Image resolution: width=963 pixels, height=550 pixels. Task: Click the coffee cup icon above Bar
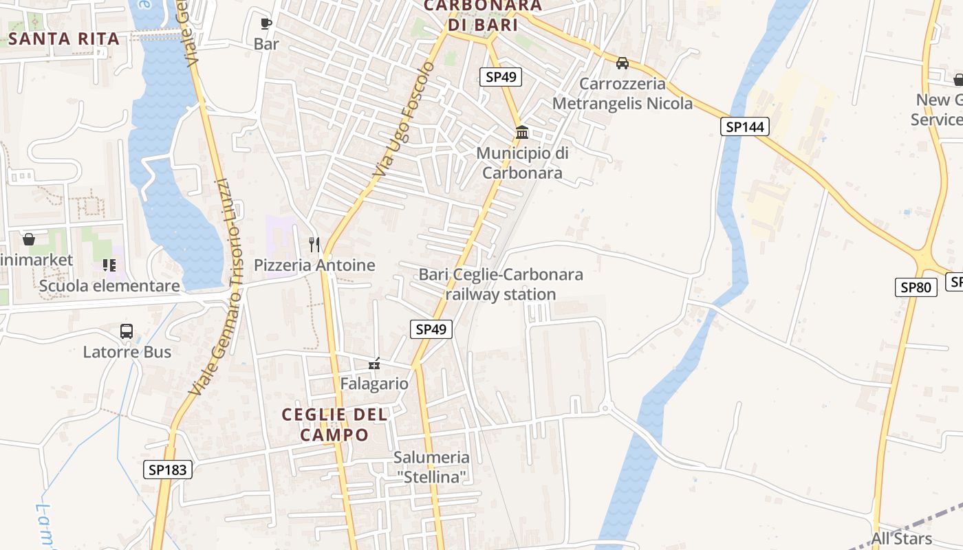[266, 24]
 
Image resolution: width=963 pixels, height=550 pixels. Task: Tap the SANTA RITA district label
[64, 38]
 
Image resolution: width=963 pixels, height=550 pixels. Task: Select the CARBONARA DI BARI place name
[482, 14]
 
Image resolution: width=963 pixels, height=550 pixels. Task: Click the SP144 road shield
[745, 126]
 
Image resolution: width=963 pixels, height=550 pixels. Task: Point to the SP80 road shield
[916, 287]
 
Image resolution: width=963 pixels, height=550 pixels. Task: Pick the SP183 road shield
[168, 470]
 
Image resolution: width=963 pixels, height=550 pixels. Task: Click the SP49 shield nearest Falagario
[431, 329]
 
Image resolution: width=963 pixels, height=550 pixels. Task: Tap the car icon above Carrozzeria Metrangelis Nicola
[623, 63]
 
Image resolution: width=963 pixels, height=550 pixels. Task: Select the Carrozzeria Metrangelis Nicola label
[623, 93]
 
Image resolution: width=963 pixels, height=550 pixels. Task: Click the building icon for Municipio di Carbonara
[522, 132]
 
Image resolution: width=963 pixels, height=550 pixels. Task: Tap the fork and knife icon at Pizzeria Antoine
[314, 244]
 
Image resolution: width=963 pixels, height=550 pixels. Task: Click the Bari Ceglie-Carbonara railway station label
[501, 284]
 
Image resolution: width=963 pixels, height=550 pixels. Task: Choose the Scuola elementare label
[110, 285]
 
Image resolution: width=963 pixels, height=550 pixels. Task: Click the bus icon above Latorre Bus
[127, 331]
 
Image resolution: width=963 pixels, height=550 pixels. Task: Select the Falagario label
[374, 384]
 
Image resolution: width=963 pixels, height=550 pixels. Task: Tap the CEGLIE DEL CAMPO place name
[335, 424]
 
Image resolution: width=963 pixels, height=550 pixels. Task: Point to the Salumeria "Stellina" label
[432, 466]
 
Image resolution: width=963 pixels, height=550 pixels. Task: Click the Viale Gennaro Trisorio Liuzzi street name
[210, 289]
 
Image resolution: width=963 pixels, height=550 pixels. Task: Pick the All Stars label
[901, 538]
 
